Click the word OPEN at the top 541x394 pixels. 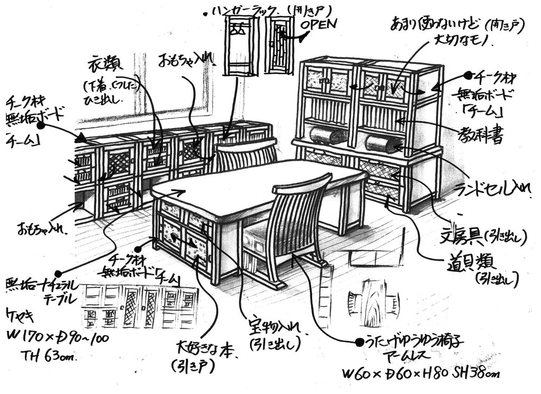(318, 24)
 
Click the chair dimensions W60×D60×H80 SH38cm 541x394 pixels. (420, 374)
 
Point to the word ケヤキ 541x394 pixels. (20, 317)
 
